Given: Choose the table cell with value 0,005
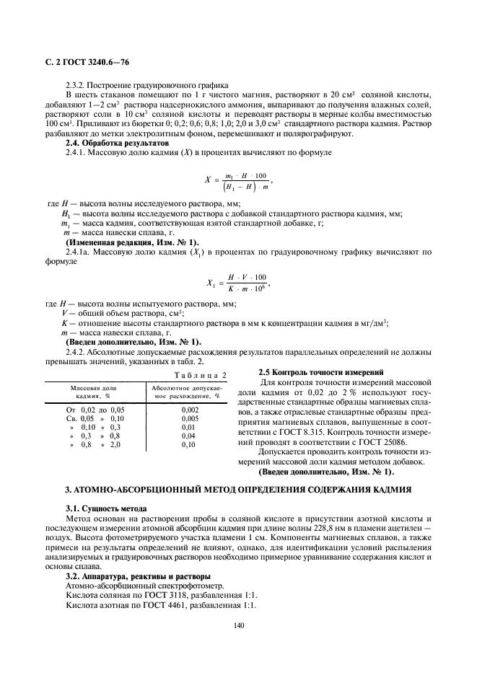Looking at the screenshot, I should click(x=189, y=418).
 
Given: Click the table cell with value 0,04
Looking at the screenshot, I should click(x=189, y=436).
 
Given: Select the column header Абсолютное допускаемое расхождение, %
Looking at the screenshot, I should click(x=189, y=392).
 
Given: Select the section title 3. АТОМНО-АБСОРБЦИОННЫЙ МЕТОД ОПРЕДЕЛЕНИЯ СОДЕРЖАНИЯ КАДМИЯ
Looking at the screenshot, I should click(x=239, y=490).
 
